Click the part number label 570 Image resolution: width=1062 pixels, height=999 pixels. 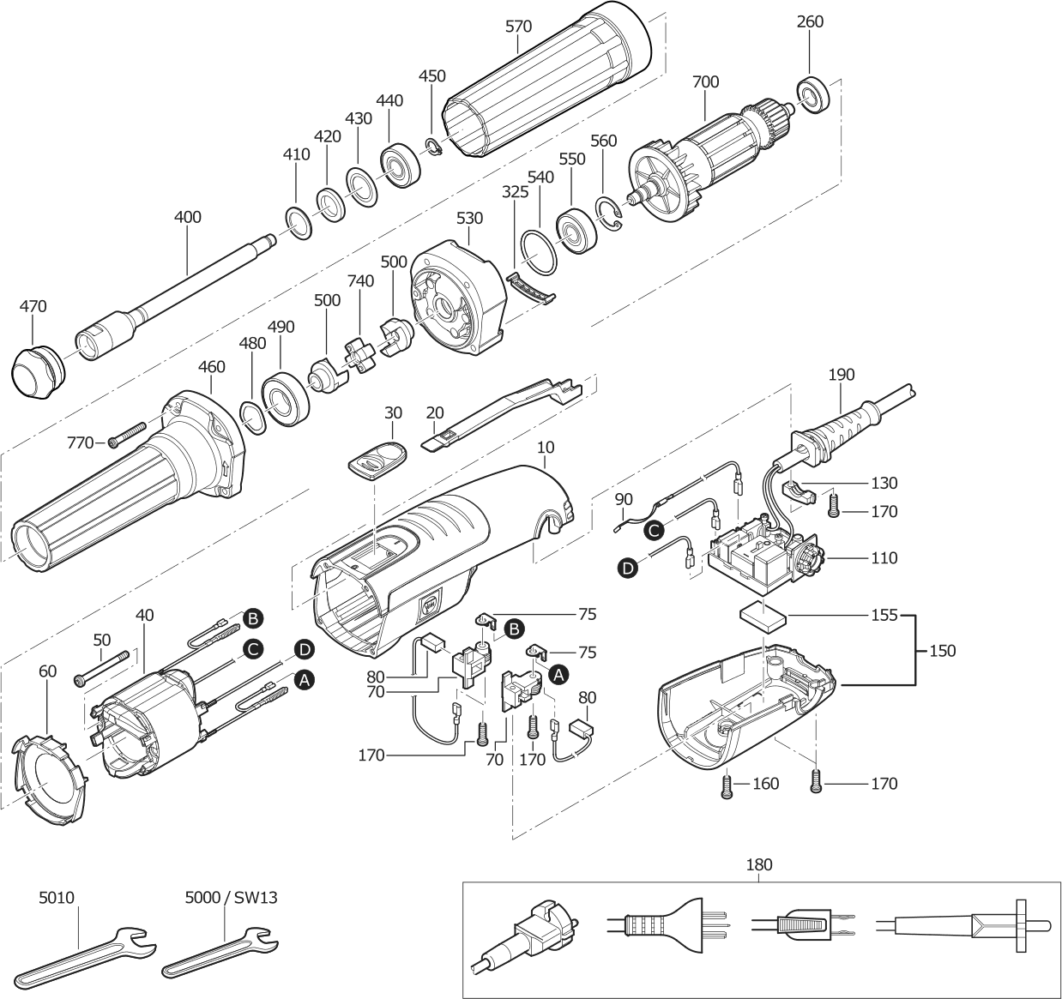tap(518, 27)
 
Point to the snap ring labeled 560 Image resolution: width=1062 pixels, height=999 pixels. tap(610, 214)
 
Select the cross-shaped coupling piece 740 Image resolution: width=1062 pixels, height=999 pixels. tap(360, 353)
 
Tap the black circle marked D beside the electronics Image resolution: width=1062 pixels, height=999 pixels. tap(628, 567)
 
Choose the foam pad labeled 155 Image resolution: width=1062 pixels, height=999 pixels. tap(763, 616)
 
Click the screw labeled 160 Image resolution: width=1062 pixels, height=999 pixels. tap(728, 785)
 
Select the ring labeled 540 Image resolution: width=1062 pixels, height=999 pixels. tap(538, 255)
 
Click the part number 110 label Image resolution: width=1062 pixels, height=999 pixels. tap(883, 558)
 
